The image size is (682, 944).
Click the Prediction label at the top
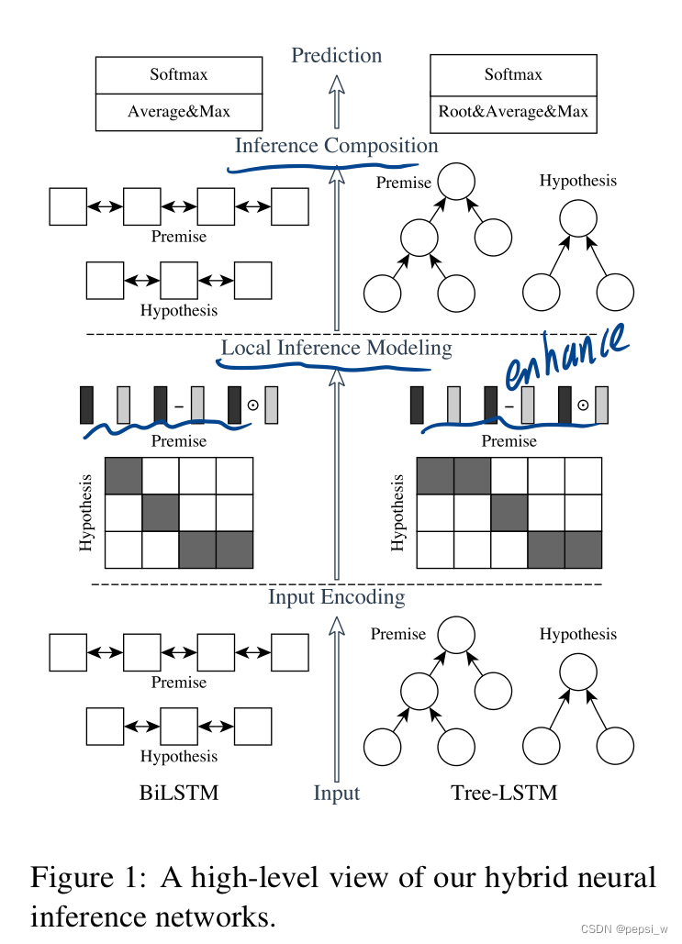click(x=336, y=56)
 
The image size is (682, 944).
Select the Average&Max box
click(x=179, y=112)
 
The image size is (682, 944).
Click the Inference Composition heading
click(x=336, y=146)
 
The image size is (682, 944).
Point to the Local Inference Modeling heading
click(x=336, y=349)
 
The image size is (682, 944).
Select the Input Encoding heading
click(x=336, y=597)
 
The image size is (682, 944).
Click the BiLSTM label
click(x=179, y=793)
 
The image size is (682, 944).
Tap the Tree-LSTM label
click(x=504, y=793)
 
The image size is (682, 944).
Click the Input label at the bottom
click(x=336, y=794)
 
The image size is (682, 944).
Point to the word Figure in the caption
click(x=81, y=878)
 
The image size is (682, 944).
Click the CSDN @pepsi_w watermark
click(x=623, y=929)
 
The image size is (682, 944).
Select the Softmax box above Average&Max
click(x=179, y=74)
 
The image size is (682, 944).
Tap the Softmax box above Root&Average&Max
click(x=513, y=74)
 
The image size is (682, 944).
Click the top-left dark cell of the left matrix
click(x=124, y=476)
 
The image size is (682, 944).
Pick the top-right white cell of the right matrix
click(x=582, y=476)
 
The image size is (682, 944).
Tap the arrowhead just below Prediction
click(x=336, y=85)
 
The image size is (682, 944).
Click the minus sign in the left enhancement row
click(x=179, y=405)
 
